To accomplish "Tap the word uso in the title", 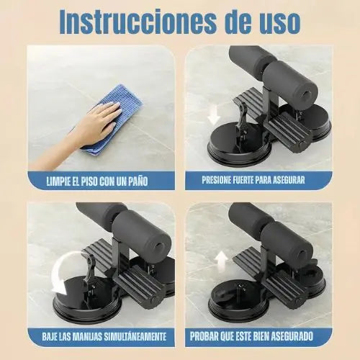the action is tap(279, 24).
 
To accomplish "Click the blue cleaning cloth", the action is tap(113, 120).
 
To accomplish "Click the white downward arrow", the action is tap(214, 116).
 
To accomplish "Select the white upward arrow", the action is tap(221, 260).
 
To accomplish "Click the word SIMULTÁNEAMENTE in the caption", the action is tap(135, 336).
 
